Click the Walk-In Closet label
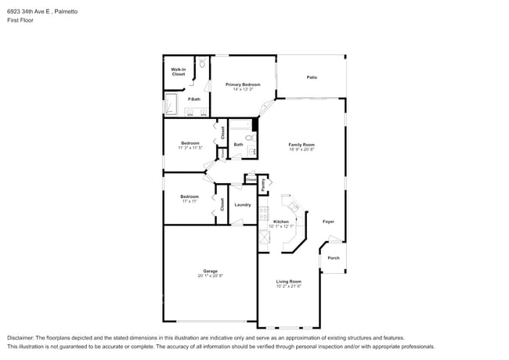[x=178, y=72]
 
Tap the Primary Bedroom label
[x=243, y=84]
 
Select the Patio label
[x=312, y=77]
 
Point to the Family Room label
[x=301, y=145]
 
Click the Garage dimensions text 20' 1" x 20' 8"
[x=210, y=276]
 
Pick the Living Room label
[x=288, y=282]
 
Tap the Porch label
[x=334, y=258]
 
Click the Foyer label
[x=328, y=221]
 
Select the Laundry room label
[x=242, y=205]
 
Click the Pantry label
[x=262, y=185]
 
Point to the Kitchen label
[x=280, y=221]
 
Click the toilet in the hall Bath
[x=250, y=139]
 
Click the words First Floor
[x=20, y=22]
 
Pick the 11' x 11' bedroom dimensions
[x=189, y=202]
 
